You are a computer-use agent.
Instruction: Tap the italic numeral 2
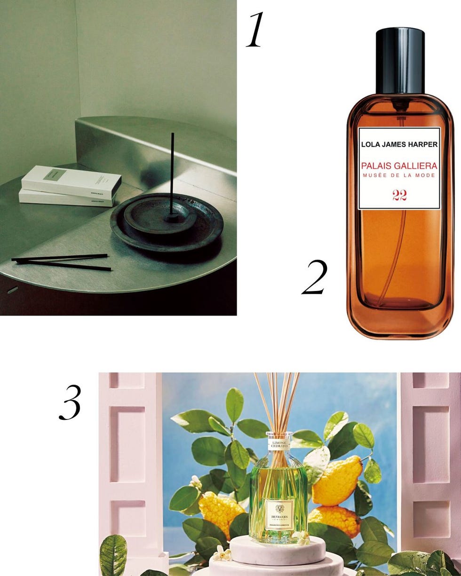click(x=314, y=278)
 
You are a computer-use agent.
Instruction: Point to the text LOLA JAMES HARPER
click(x=399, y=144)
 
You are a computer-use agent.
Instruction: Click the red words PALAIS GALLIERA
click(x=399, y=166)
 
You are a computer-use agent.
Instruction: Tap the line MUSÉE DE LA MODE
click(x=399, y=176)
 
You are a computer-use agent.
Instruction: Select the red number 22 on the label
click(x=399, y=196)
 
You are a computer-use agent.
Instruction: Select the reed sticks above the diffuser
click(x=278, y=400)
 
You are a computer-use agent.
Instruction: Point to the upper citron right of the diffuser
click(x=337, y=480)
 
